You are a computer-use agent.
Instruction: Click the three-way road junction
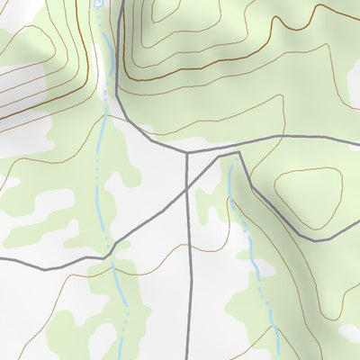(x=186, y=153)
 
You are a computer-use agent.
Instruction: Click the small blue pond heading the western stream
(x=96, y=4)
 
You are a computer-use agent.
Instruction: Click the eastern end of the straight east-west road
(x=359, y=139)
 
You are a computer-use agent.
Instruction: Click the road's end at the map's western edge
(x=1, y=258)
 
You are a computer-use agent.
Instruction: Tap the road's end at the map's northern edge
(x=118, y=1)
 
